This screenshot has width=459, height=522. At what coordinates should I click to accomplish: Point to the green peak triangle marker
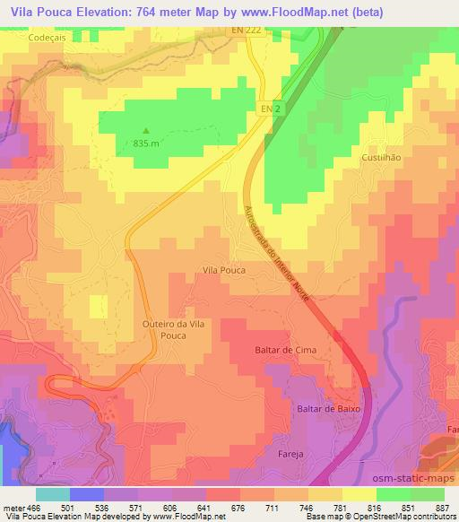pyautogui.click(x=148, y=130)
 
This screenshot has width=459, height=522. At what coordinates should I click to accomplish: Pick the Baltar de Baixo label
pyautogui.click(x=328, y=408)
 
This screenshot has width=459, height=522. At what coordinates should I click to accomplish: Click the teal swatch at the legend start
pyautogui.click(x=53, y=494)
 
